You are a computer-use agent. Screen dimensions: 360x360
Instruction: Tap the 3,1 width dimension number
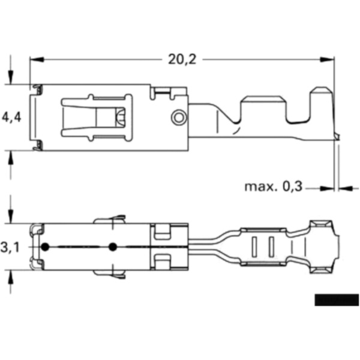click(x=11, y=247)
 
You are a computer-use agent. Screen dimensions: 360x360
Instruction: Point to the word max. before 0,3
click(x=261, y=187)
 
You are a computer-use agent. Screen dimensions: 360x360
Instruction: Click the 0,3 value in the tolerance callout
click(x=291, y=187)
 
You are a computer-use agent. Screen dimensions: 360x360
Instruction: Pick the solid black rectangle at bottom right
click(x=336, y=300)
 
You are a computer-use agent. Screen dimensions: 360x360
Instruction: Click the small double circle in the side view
click(x=178, y=117)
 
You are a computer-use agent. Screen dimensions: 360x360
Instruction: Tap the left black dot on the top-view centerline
click(x=45, y=247)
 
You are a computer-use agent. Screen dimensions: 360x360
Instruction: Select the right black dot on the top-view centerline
click(x=112, y=247)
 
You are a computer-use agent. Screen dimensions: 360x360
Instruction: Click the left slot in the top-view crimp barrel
click(x=254, y=247)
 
